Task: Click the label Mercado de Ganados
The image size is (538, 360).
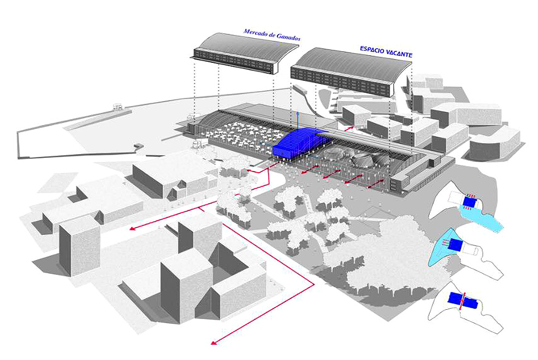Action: point(272,36)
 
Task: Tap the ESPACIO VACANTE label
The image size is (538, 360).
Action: point(386,52)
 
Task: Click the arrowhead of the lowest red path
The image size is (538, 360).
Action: point(214,343)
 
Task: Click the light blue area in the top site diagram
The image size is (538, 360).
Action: point(481,219)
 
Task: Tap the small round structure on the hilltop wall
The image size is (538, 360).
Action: point(116,107)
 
